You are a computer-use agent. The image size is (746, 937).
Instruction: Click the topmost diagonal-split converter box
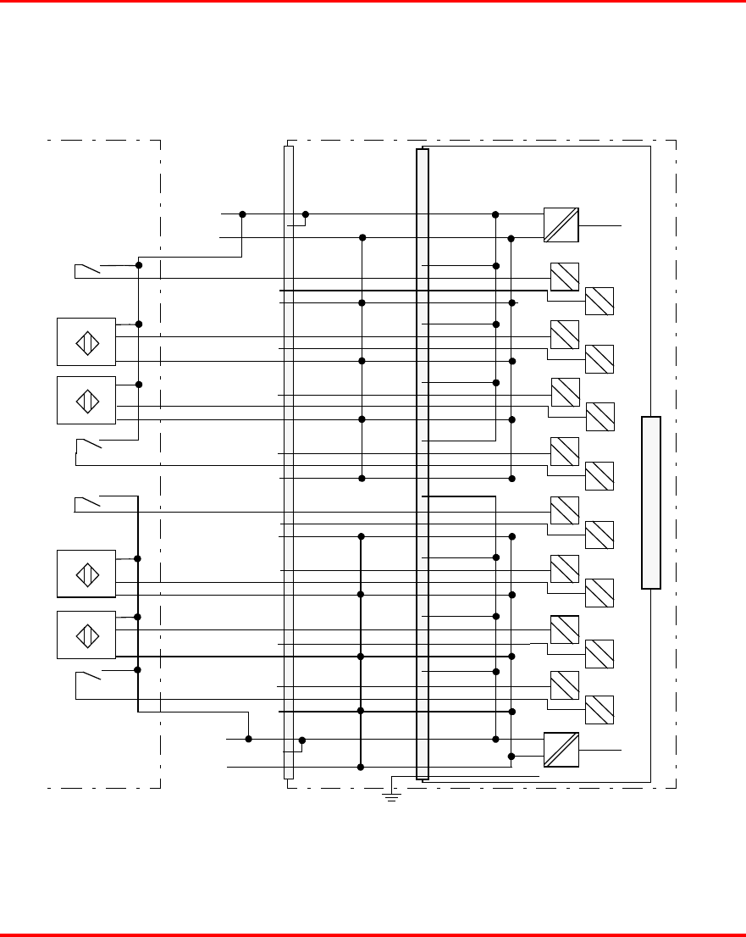[x=561, y=225]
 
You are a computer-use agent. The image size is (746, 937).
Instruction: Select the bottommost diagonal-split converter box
[x=561, y=749]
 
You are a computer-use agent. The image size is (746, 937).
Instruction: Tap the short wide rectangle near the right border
[x=650, y=502]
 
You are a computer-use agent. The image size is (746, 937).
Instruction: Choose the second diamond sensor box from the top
[x=86, y=400]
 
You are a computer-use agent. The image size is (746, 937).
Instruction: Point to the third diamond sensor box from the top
[x=86, y=574]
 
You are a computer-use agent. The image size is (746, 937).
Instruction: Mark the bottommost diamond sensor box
[x=86, y=635]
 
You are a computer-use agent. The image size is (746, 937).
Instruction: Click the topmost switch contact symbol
[x=87, y=270]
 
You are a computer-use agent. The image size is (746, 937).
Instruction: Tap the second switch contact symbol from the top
[x=88, y=444]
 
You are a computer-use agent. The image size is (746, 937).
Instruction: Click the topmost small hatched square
[x=564, y=277]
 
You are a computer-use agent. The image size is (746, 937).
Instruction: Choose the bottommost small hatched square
[x=600, y=709]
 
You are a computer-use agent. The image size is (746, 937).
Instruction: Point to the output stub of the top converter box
[x=600, y=225]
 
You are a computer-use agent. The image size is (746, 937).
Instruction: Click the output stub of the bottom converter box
[x=600, y=751]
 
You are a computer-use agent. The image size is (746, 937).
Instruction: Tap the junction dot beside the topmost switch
[x=138, y=266]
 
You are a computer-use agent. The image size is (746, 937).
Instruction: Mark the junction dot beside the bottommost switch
[x=137, y=670]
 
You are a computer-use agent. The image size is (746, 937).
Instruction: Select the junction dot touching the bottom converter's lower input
[x=511, y=756]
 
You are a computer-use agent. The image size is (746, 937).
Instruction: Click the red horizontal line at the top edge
[x=373, y=2]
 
